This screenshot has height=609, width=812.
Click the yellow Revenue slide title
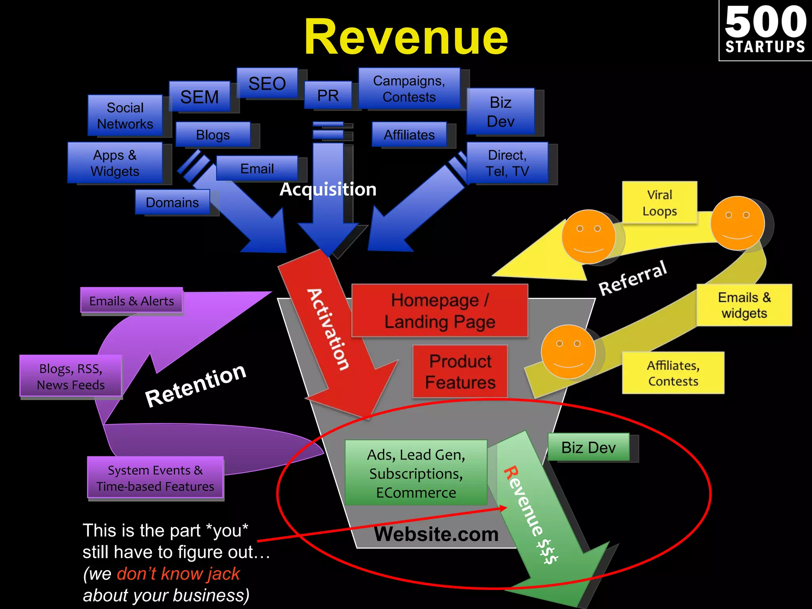pos(406,38)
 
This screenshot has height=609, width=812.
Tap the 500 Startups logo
pos(765,31)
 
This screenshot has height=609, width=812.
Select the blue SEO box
pos(267,83)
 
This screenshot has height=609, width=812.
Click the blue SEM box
pos(199,97)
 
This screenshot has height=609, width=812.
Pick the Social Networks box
pos(125,115)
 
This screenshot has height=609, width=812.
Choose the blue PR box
pos(328,95)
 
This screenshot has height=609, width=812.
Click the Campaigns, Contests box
pos(409,88)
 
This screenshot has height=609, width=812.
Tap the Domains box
pos(172,202)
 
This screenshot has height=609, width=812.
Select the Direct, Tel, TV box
pos(507,163)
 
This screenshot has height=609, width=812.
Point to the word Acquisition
pos(328,189)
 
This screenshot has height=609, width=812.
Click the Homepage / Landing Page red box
pos(440,310)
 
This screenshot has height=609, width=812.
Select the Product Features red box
pos(460,372)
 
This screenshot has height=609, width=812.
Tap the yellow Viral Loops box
pos(659,203)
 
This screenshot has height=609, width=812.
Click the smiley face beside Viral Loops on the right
pos(737,223)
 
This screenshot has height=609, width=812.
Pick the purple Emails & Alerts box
pos(132,301)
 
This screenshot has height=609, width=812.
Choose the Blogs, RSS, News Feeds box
pos(71,376)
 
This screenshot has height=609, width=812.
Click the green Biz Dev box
pos(588,447)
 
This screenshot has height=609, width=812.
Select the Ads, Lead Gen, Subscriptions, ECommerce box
pos(416,473)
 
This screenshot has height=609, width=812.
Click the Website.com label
pos(436,534)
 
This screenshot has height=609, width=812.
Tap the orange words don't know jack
pos(178,574)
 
